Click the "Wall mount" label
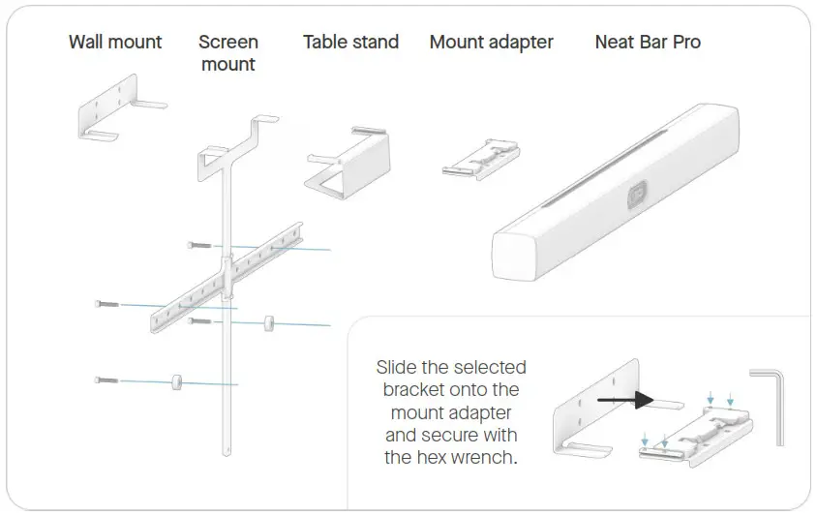pos(115,42)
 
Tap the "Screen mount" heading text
pos(228,53)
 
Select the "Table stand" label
pos(350,42)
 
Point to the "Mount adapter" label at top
pos(491,42)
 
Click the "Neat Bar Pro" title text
pos(648,42)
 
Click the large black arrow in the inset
pos(624,398)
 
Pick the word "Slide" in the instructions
pos(399,368)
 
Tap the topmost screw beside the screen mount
pos(198,245)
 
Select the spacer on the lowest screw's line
pos(177,380)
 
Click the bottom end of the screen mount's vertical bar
pos(228,449)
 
